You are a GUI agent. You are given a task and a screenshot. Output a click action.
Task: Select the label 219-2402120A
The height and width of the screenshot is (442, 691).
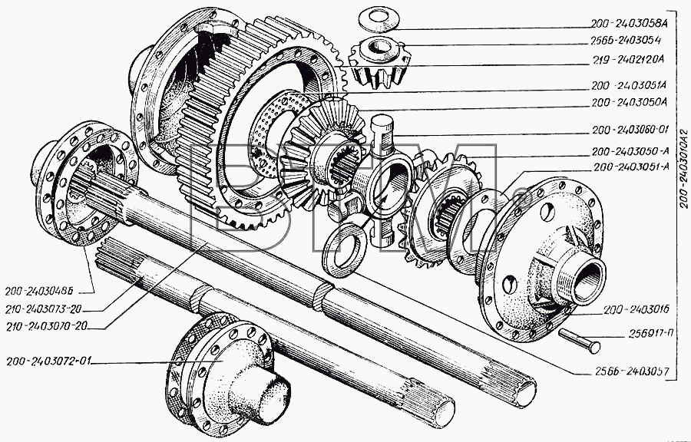click(627, 59)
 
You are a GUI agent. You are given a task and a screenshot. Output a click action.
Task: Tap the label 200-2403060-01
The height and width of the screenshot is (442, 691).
click(630, 130)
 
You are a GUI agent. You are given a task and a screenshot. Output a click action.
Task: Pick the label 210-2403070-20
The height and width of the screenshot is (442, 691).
click(46, 326)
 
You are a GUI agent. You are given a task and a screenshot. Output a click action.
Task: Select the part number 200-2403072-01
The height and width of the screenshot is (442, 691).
click(48, 361)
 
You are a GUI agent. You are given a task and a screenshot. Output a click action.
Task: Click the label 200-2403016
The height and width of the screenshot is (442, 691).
click(636, 310)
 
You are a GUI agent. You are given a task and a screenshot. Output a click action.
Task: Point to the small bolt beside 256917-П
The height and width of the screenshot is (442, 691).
click(579, 340)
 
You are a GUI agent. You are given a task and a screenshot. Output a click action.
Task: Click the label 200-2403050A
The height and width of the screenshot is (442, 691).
click(630, 102)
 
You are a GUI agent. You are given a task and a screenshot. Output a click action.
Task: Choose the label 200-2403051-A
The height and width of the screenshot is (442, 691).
click(632, 167)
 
